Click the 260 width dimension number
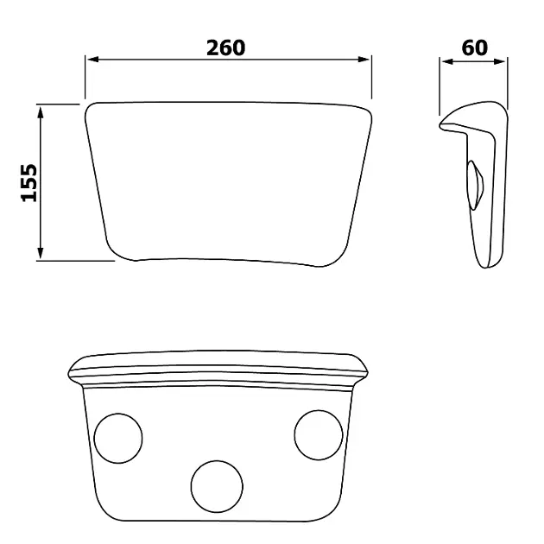pos(226,47)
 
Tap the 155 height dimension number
pos(29,182)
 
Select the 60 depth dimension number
pos(474,47)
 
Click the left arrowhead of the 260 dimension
pos(93,60)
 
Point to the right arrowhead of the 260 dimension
pos(364,60)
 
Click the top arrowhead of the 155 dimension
pos(41,113)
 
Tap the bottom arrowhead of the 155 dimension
pos(41,252)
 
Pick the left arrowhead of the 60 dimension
pos(448,62)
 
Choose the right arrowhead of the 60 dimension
pos(499,62)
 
